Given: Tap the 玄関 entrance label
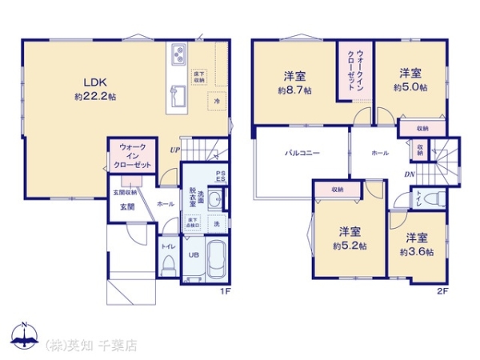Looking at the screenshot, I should (127, 206).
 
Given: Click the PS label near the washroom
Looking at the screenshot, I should (220, 177).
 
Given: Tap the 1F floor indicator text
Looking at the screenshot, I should (226, 290).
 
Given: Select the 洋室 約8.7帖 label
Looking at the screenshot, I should (294, 83).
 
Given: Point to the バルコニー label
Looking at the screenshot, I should (301, 151).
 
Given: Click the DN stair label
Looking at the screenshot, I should (409, 174).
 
